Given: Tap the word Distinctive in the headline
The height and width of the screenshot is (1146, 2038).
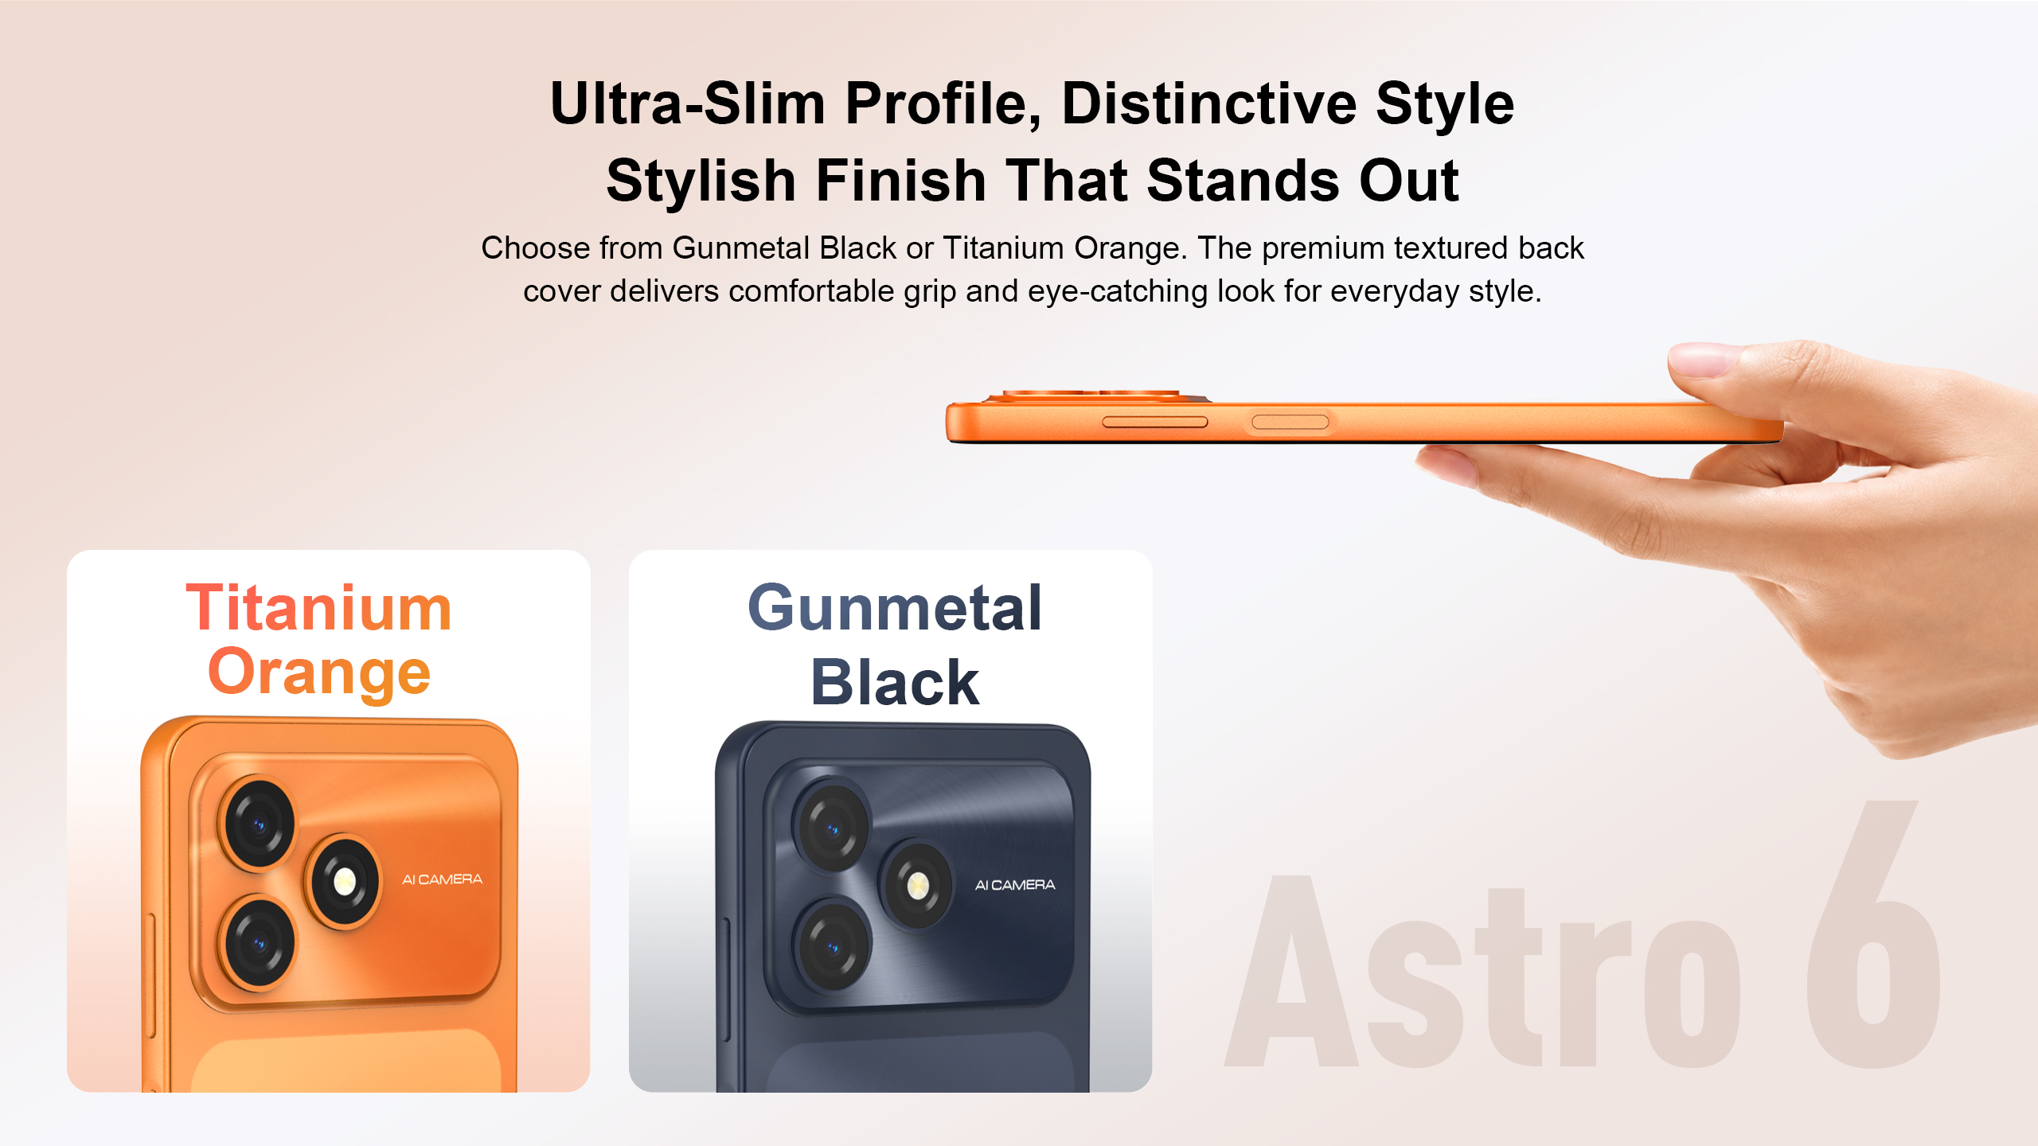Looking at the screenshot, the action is pos(1209,103).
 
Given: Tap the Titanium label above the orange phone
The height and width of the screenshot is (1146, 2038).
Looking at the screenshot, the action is pos(319,608).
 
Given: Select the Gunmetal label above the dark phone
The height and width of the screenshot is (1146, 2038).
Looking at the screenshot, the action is pos(895,608).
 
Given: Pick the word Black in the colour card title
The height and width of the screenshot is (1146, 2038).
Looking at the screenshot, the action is pos(895,683).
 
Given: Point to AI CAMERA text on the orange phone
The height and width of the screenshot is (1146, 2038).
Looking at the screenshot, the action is pos(442,879).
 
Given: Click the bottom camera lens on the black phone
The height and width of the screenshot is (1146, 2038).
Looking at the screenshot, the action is pos(833,947).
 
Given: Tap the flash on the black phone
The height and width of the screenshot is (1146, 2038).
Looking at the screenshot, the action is pos(917,885).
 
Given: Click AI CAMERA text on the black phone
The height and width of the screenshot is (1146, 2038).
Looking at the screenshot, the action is pos(1015,885).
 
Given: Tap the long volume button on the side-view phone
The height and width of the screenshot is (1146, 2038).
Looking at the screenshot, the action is pos(1155,422).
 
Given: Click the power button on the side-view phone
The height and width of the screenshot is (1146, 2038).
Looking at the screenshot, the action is pos(1290,422).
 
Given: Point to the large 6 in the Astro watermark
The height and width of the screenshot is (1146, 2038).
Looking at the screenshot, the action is pos(1872,935).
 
